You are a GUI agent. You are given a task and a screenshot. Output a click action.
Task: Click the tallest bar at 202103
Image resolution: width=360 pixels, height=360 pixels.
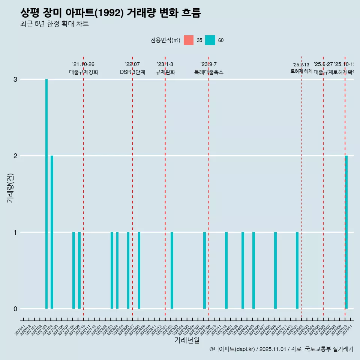(x=46, y=194)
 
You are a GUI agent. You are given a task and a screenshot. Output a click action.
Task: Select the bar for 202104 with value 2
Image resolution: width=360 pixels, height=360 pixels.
(x=52, y=232)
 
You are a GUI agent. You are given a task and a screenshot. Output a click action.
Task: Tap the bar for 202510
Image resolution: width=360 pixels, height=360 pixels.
(x=346, y=232)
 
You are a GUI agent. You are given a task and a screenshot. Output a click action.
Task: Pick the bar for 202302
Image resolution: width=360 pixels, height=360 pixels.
(x=172, y=270)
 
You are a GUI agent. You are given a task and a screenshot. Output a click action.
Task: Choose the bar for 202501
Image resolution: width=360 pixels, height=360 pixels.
(x=297, y=270)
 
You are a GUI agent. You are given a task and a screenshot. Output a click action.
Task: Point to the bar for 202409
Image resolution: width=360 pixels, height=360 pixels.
(x=275, y=270)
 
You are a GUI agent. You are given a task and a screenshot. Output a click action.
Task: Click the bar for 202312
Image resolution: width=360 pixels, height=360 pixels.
(x=226, y=270)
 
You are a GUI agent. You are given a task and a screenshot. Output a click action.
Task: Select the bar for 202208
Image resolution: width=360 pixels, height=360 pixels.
(x=139, y=270)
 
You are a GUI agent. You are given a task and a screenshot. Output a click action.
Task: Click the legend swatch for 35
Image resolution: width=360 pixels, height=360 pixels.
(x=189, y=40)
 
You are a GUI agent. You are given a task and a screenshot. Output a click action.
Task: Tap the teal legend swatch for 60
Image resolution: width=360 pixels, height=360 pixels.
(x=210, y=40)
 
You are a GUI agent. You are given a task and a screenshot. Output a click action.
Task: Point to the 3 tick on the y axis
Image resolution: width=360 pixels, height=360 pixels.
(x=15, y=79)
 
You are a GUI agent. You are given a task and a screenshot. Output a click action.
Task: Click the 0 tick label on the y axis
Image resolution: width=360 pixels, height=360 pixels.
(x=15, y=309)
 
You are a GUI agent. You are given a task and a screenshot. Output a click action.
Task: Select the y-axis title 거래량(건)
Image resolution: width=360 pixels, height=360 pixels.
(x=10, y=188)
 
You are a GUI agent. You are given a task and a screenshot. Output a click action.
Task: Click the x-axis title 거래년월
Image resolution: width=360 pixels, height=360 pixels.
(x=187, y=340)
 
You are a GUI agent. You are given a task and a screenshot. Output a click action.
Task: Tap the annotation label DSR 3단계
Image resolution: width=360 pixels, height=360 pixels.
(x=132, y=72)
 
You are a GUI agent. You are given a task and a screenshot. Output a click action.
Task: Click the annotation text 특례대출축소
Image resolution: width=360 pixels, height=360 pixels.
(x=208, y=72)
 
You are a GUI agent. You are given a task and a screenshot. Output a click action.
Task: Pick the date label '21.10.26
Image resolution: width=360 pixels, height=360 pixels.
(x=83, y=64)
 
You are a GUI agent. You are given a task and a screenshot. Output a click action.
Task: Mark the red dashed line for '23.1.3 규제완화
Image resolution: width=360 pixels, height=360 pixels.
(x=165, y=187)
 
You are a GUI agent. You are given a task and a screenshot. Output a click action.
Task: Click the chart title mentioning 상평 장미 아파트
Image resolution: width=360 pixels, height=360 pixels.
(x=111, y=13)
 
